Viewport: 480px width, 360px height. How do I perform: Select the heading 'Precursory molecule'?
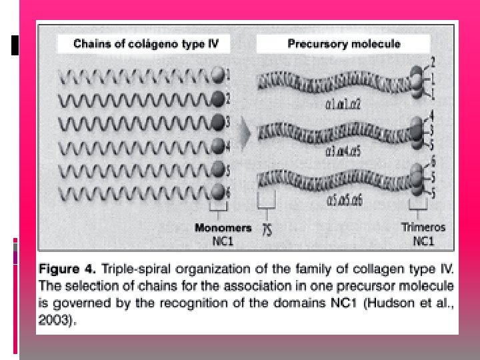pyautogui.click(x=343, y=45)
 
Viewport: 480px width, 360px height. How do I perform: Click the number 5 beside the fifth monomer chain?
pyautogui.click(x=228, y=169)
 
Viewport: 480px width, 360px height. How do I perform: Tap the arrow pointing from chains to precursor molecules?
pyautogui.click(x=245, y=134)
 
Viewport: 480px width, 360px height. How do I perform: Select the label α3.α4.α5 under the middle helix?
pyautogui.click(x=343, y=151)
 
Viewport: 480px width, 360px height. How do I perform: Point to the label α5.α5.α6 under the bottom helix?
pyautogui.click(x=343, y=199)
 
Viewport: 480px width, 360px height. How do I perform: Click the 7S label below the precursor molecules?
pyautogui.click(x=267, y=230)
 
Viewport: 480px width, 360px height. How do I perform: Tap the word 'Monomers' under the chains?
pyautogui.click(x=223, y=228)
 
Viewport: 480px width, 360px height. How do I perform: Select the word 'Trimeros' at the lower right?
pyautogui.click(x=423, y=227)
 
